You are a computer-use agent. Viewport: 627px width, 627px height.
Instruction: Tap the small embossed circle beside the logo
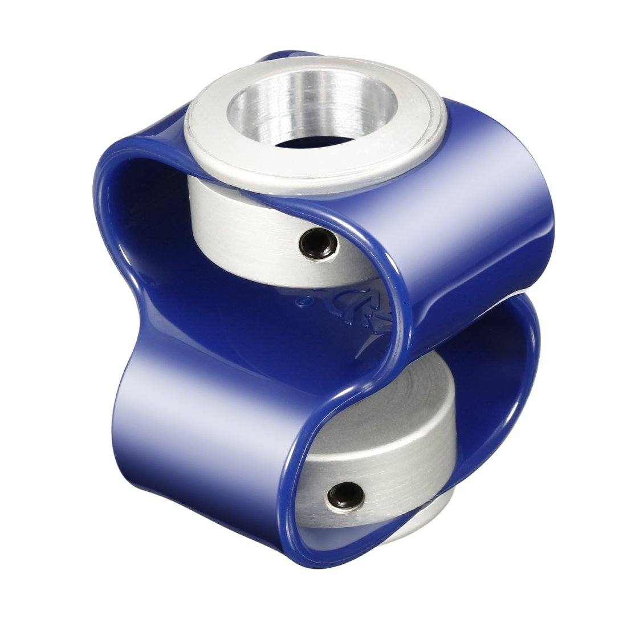[x=300, y=298]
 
